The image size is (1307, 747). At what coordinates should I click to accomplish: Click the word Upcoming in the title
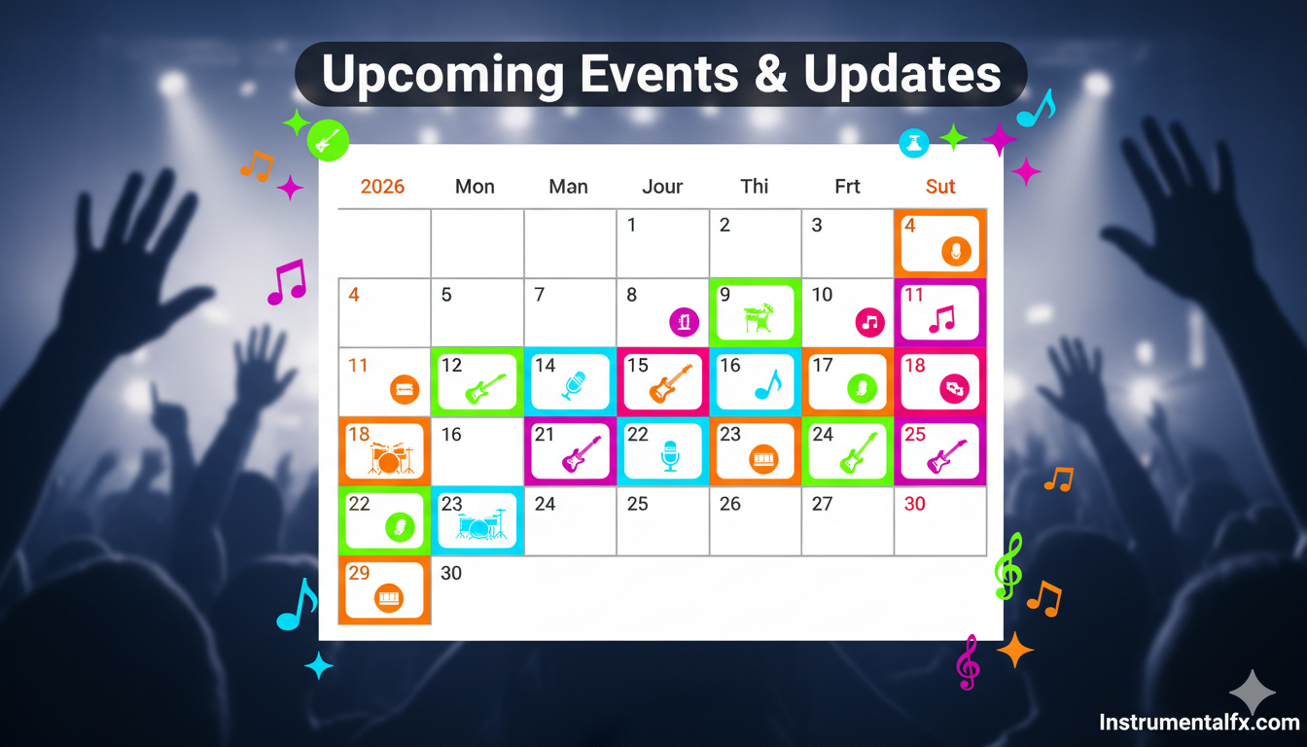442,75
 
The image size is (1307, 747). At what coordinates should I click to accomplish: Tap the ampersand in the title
771,74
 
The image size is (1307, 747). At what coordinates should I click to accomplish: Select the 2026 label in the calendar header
382,186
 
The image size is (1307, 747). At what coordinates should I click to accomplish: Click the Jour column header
662,186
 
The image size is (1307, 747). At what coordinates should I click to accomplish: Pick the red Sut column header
940,186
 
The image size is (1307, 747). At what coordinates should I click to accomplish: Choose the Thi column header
755,186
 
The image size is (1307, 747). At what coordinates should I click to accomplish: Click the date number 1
631,225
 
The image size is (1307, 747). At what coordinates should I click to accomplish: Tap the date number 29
359,573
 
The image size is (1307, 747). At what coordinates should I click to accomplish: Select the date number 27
822,504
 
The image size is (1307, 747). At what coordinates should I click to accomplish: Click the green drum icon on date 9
759,317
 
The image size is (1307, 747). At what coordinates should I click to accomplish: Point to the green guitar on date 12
485,388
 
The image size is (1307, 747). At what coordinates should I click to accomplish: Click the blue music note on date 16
768,384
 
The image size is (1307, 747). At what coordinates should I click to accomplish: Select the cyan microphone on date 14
573,385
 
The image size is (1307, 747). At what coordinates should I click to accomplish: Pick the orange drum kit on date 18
390,457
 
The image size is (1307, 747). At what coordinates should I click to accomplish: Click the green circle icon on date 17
862,389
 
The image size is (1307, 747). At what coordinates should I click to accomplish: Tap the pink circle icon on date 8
684,322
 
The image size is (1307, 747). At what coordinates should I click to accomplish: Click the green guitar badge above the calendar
328,141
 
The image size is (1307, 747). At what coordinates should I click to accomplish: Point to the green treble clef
1008,566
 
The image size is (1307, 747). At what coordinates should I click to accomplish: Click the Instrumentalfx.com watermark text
1200,722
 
